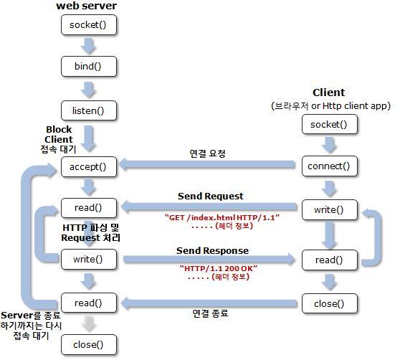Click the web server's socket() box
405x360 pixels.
tap(89, 26)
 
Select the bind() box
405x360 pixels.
tap(89, 67)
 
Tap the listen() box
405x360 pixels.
tap(89, 110)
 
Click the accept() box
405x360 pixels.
tap(89, 166)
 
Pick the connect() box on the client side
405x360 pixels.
tap(329, 166)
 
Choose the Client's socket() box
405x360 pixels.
tap(329, 124)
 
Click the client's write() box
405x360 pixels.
tap(329, 209)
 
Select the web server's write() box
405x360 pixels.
tap(89, 258)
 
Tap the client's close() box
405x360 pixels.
tap(329, 303)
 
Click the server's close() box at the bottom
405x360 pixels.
tap(89, 344)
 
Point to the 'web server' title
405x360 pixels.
tap(86, 6)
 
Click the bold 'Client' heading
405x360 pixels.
tap(329, 93)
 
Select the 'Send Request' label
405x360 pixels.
tap(210, 196)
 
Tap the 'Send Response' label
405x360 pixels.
tap(212, 250)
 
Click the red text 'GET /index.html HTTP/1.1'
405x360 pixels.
tap(221, 217)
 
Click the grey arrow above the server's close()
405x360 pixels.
tap(89, 323)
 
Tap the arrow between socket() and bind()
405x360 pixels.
tap(89, 47)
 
